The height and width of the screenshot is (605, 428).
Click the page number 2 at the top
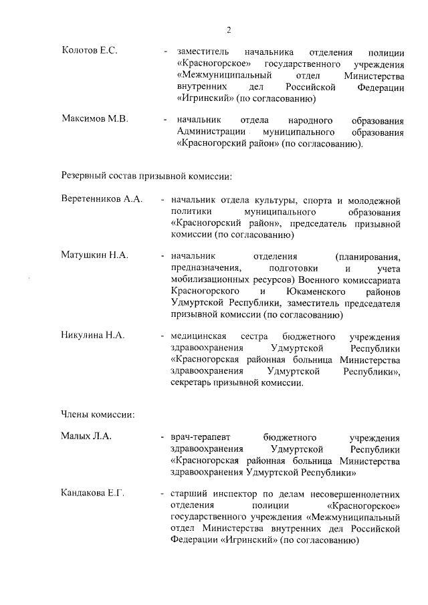tap(229, 29)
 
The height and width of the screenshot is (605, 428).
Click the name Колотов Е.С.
tap(89, 51)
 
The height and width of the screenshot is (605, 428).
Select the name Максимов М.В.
tap(94, 120)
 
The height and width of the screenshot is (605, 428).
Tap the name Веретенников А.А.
tap(101, 200)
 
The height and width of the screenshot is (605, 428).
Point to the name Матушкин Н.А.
tap(94, 255)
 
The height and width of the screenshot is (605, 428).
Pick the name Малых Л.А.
tap(86, 437)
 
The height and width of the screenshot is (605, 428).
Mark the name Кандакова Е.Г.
tap(93, 493)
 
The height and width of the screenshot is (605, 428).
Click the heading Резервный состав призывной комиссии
tap(146, 176)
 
